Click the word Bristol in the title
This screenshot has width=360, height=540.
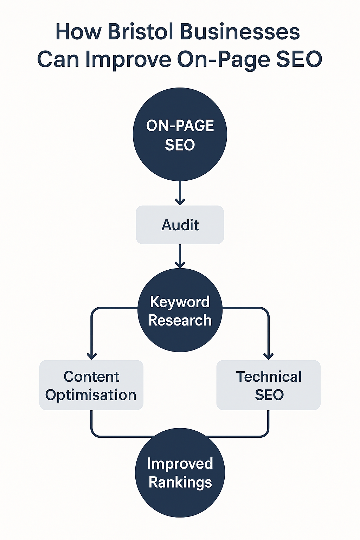[x=141, y=32]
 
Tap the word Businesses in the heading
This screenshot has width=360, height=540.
[x=240, y=32]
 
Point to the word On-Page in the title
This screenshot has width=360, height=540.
[x=224, y=59]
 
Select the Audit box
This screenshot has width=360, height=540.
[x=180, y=225]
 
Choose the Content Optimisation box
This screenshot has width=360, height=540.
[x=91, y=385]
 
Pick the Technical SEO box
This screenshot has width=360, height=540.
[x=269, y=385]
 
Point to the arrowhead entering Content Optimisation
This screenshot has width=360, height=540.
[x=92, y=356]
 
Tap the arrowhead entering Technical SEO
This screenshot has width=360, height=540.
[x=269, y=356]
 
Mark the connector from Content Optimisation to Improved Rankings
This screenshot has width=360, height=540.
[x=105, y=436]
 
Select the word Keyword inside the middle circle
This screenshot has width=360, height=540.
[x=180, y=302]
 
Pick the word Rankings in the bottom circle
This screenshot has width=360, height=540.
[x=180, y=482]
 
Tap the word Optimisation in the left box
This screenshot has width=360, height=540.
[x=91, y=395]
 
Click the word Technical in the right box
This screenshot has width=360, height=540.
[x=269, y=377]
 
